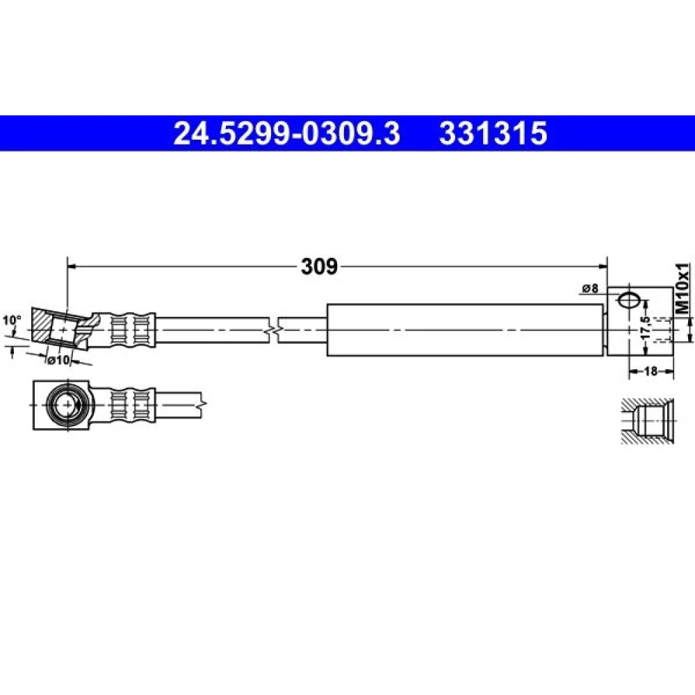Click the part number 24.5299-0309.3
(286, 133)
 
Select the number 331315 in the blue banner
(493, 133)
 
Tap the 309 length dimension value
(319, 266)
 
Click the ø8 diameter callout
(589, 288)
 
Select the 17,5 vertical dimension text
(646, 328)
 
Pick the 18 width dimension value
(651, 371)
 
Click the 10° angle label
(12, 320)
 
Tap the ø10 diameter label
(59, 360)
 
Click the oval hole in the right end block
(628, 300)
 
